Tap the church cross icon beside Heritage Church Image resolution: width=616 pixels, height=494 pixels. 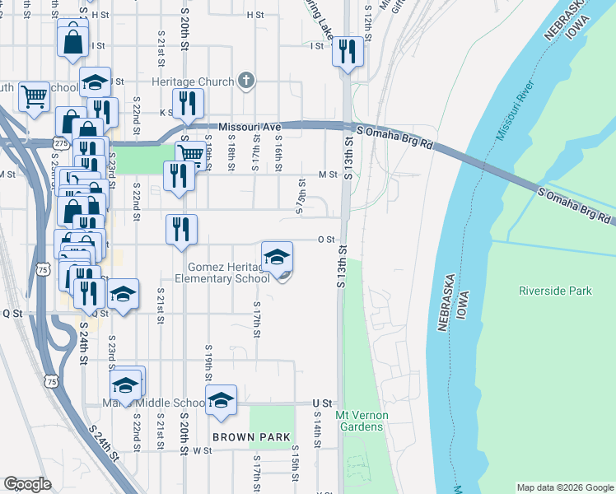pyautogui.click(x=245, y=82)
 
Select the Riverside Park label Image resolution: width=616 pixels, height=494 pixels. pyautogui.click(x=555, y=291)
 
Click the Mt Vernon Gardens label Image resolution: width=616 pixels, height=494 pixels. pyautogui.click(x=360, y=421)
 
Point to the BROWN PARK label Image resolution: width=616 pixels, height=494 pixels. pyautogui.click(x=241, y=437)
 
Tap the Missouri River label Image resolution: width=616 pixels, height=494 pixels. pyautogui.click(x=516, y=110)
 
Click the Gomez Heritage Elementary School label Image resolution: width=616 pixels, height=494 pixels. pyautogui.click(x=228, y=273)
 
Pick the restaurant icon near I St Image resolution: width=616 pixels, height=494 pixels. pyautogui.click(x=347, y=52)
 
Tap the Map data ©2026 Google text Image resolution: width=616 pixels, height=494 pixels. pyautogui.click(x=565, y=487)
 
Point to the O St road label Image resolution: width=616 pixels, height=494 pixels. pyautogui.click(x=325, y=240)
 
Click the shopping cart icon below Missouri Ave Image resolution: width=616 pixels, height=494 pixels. pyautogui.click(x=190, y=154)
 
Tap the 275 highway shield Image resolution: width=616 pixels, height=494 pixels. pyautogui.click(x=61, y=143)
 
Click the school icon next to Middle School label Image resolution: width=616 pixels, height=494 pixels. pyautogui.click(x=221, y=400)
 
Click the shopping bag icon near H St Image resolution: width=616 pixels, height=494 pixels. pyautogui.click(x=72, y=39)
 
